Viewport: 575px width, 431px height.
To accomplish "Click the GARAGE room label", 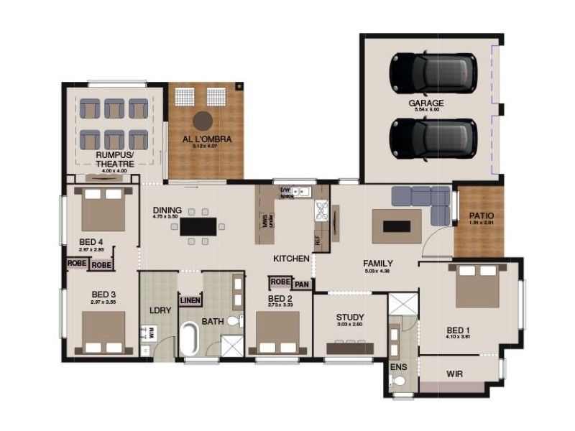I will (426, 103).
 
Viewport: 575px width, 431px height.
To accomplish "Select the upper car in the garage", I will (433, 73).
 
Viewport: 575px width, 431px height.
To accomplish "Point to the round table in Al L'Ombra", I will (203, 119).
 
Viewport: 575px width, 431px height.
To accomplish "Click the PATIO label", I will (482, 215).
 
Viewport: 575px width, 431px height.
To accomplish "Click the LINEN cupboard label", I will (190, 300).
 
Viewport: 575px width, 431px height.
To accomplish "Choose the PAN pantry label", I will (303, 284).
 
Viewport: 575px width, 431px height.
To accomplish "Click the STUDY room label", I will (350, 317).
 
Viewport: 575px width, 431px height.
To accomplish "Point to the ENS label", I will (398, 366).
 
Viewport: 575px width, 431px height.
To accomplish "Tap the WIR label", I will (454, 374).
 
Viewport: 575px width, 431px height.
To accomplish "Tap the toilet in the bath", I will (235, 321).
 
